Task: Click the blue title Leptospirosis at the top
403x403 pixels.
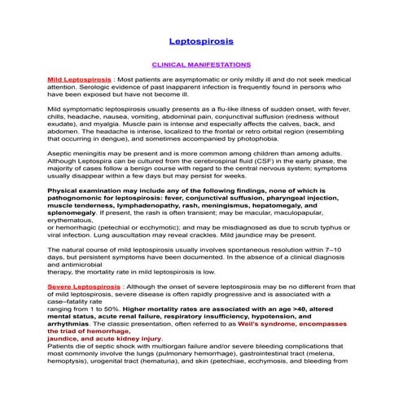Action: (201, 38)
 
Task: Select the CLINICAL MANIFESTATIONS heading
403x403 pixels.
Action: (201, 63)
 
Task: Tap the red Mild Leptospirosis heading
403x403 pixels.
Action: (80, 80)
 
